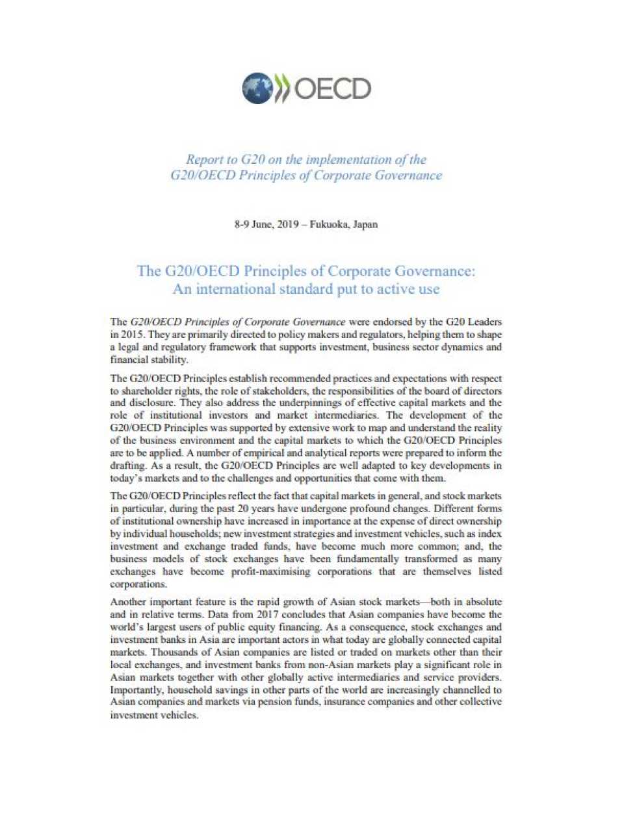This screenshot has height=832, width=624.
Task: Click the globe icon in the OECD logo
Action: coord(257,88)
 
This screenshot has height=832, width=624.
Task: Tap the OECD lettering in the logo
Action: coord(332,88)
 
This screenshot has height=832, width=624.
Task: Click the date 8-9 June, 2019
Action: coord(266,224)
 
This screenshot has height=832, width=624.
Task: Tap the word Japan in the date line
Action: coord(365,224)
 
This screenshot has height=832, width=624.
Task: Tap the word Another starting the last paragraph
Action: coord(128,602)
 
